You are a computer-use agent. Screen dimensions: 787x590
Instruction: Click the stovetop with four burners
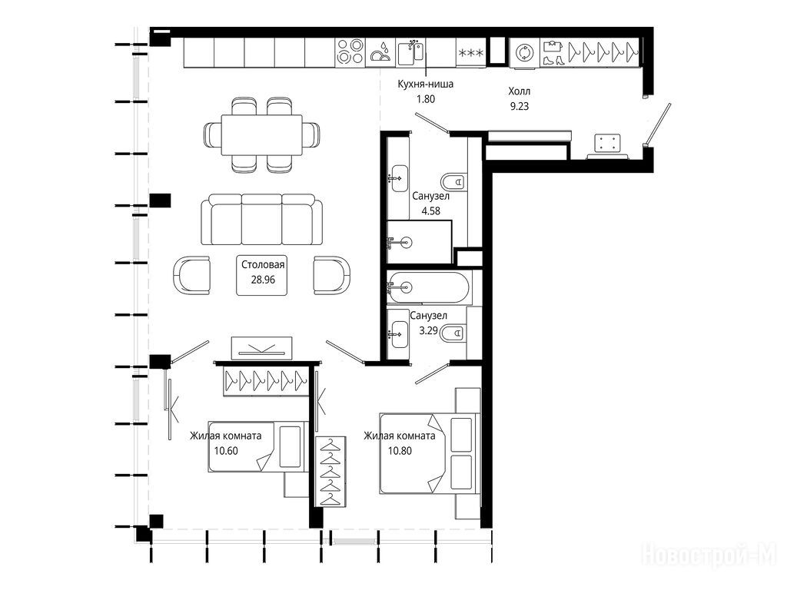350,52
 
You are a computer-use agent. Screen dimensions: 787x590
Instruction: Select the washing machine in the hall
524,53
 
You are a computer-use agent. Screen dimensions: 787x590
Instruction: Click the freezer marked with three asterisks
471,52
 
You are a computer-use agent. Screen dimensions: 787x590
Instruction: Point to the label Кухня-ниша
425,84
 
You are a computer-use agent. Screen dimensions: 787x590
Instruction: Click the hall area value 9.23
520,106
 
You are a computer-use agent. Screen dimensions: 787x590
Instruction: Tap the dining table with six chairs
261,135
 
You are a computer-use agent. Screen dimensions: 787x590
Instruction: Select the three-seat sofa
262,219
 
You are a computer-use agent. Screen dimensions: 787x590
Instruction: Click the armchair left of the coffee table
191,275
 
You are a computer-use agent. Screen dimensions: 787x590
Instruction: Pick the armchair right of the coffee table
332,275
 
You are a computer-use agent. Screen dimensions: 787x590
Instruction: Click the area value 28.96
263,280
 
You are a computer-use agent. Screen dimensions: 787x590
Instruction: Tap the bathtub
429,287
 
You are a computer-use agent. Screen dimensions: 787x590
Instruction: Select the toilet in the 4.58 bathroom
453,181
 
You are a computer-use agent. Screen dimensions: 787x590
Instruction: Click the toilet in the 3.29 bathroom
453,333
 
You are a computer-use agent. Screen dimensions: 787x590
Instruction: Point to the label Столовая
263,265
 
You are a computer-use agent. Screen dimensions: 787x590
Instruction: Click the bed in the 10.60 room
258,446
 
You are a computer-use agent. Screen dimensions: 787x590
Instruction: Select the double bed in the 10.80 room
427,453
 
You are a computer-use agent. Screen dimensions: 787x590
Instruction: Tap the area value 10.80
400,450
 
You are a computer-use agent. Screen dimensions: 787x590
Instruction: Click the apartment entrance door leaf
659,123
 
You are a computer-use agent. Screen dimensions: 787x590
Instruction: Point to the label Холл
519,91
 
